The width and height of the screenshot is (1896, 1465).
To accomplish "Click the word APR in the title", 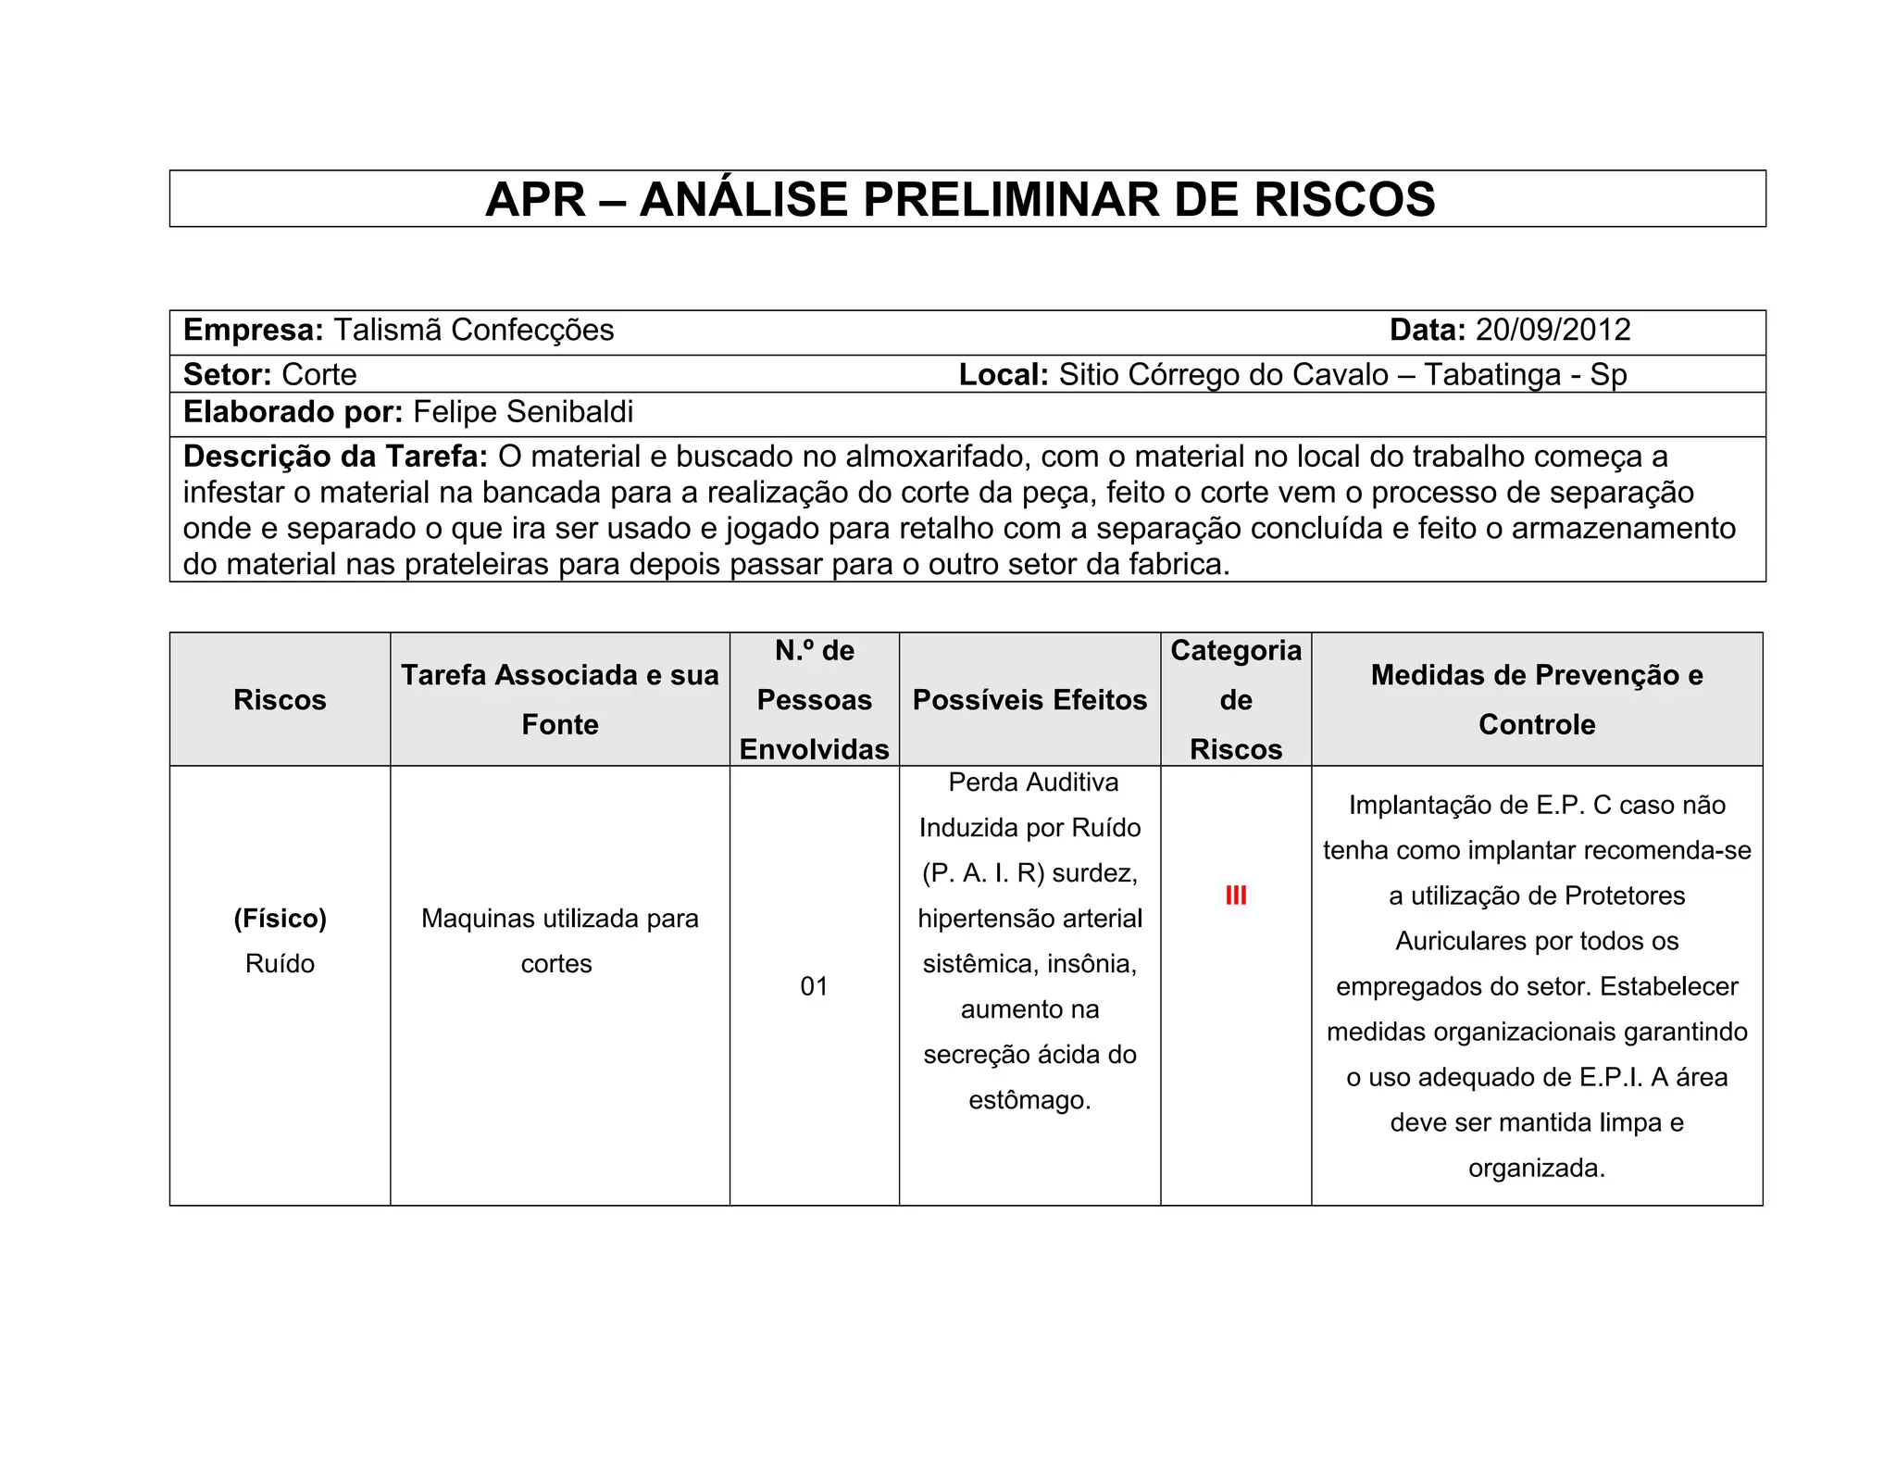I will pyautogui.click(x=535, y=200).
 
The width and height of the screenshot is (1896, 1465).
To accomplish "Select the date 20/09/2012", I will pyautogui.click(x=1553, y=331).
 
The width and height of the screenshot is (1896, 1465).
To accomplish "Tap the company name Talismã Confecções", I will pyautogui.click(x=473, y=331).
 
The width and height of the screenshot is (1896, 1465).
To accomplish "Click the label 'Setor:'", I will pyautogui.click(x=227, y=375).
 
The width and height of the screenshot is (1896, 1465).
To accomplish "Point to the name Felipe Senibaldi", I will pyautogui.click(x=523, y=412).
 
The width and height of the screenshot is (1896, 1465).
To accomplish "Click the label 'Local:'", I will pyautogui.click(x=1003, y=375).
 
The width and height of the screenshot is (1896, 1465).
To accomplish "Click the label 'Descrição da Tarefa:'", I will pyautogui.click(x=335, y=457).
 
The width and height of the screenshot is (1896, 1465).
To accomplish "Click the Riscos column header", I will pyautogui.click(x=280, y=700).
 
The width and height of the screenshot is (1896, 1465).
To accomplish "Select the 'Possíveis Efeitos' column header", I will pyautogui.click(x=1029, y=700).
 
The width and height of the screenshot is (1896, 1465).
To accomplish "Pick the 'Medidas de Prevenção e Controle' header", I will pyautogui.click(x=1537, y=699).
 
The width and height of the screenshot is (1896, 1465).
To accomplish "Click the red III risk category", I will pyautogui.click(x=1236, y=895).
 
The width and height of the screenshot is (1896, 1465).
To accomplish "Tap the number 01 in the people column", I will pyautogui.click(x=814, y=986).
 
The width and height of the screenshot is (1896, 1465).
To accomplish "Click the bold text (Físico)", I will pyautogui.click(x=280, y=919).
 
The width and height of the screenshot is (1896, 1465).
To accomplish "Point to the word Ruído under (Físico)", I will pyautogui.click(x=280, y=964).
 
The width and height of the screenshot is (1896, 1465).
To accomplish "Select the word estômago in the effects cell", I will pyautogui.click(x=1029, y=1100).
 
